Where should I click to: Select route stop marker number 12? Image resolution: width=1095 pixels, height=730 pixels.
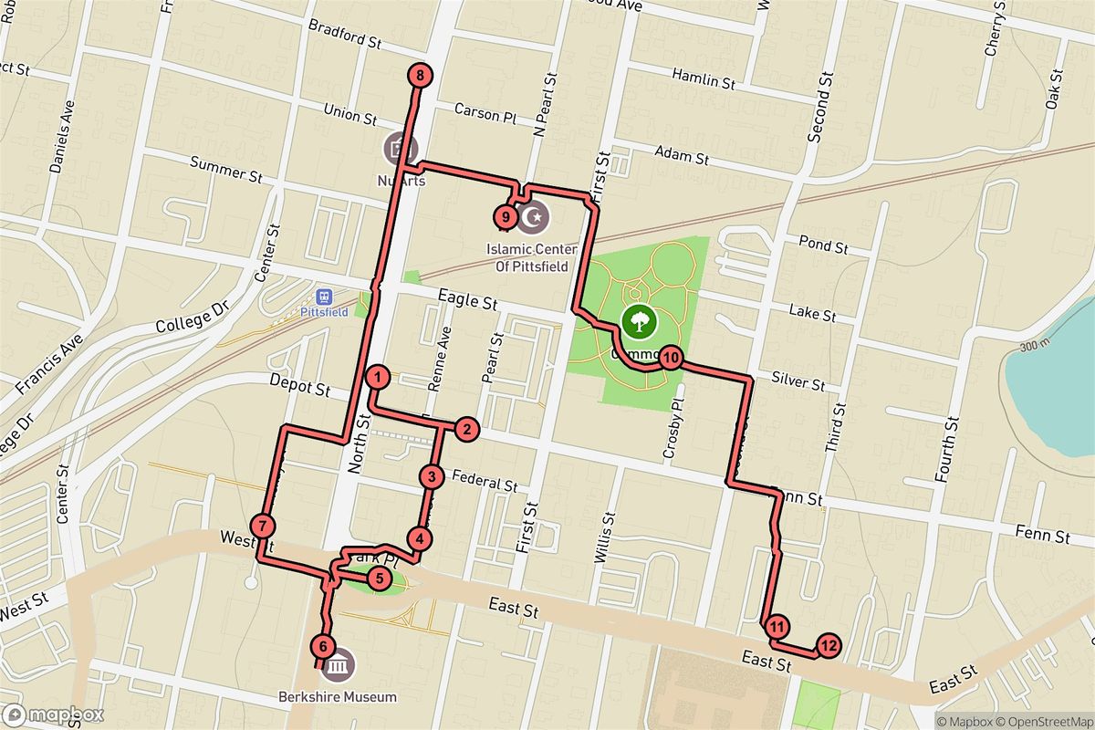click(828, 645)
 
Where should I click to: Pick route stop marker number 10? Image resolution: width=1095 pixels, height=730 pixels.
click(670, 358)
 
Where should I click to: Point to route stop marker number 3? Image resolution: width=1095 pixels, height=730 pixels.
click(432, 476)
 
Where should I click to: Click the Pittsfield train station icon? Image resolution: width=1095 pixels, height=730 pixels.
click(322, 297)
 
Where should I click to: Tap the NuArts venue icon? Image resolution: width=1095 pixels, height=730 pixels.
click(399, 146)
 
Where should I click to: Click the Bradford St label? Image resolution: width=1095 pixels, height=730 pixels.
click(345, 34)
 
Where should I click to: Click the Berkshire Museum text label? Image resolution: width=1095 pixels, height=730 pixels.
click(338, 697)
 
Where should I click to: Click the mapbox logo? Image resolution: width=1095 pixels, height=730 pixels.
click(53, 714)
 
